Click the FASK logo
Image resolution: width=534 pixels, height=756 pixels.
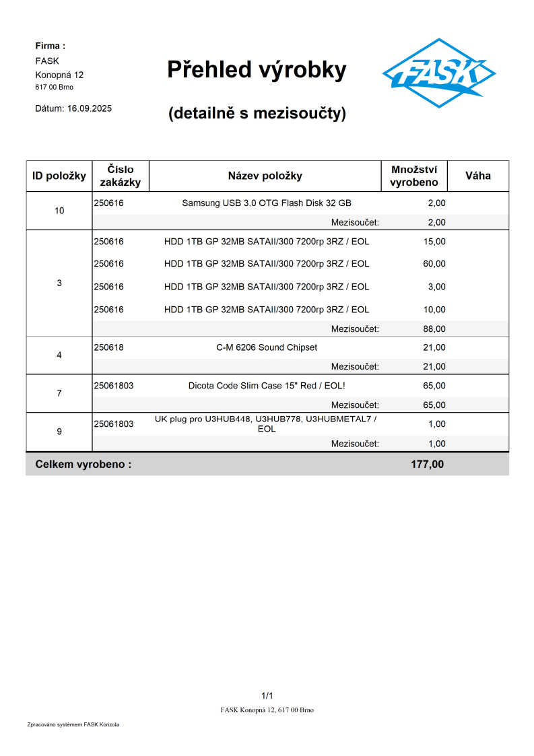(438, 73)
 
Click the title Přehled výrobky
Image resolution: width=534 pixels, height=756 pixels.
(257, 69)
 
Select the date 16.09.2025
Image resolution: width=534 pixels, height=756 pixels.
(90, 108)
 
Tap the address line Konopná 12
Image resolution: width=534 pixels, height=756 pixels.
(59, 75)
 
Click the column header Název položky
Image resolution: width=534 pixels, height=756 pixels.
(265, 176)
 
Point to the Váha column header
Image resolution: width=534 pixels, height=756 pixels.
(477, 176)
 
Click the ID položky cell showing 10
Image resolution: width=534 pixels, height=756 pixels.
(59, 211)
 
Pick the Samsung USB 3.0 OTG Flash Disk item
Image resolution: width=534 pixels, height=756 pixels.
(267, 203)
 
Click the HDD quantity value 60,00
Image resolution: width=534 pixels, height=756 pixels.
(434, 263)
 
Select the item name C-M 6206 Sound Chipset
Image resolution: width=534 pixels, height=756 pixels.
(267, 347)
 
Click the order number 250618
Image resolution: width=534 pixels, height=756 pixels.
(108, 347)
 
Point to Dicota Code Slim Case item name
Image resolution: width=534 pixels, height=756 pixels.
(267, 386)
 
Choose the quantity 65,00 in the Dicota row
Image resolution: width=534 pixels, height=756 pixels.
(434, 386)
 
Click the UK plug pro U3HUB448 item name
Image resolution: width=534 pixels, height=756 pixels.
(267, 423)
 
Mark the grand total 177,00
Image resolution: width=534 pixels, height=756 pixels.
(427, 464)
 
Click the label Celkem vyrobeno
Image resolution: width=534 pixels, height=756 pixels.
(83, 464)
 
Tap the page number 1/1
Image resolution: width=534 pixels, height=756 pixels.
(267, 695)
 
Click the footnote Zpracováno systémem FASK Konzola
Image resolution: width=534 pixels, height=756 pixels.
(73, 724)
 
